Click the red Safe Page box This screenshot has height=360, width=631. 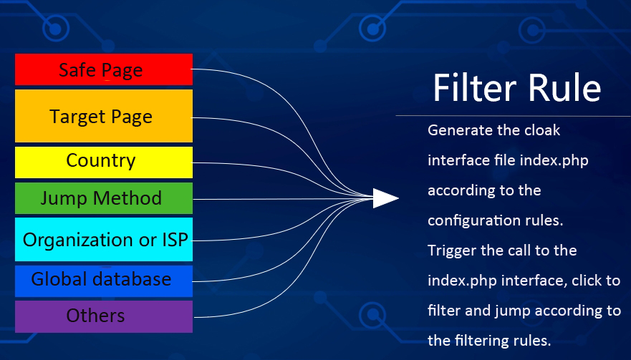click(104, 69)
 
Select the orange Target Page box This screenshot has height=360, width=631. click(104, 116)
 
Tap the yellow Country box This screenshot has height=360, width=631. click(104, 162)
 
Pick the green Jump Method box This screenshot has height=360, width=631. click(104, 198)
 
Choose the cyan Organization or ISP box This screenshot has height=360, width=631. click(104, 239)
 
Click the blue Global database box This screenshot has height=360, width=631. click(104, 281)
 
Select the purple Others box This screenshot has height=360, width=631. click(104, 316)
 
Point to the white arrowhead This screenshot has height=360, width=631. click(385, 198)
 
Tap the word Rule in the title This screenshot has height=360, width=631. click(564, 88)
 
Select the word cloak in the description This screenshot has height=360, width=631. click(542, 130)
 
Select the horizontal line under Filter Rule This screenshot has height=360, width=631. click(513, 116)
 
